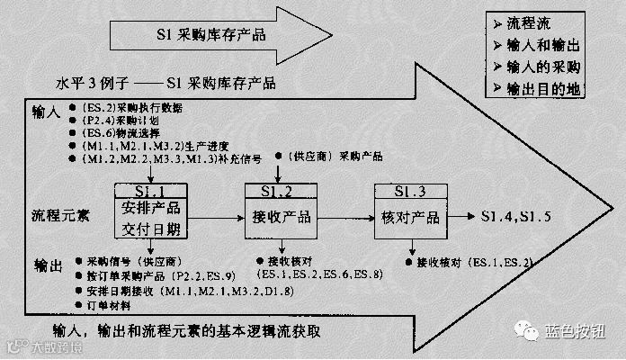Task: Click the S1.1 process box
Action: [x=150, y=211]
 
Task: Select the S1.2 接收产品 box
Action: [x=279, y=211]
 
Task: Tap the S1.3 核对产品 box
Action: [x=409, y=211]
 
